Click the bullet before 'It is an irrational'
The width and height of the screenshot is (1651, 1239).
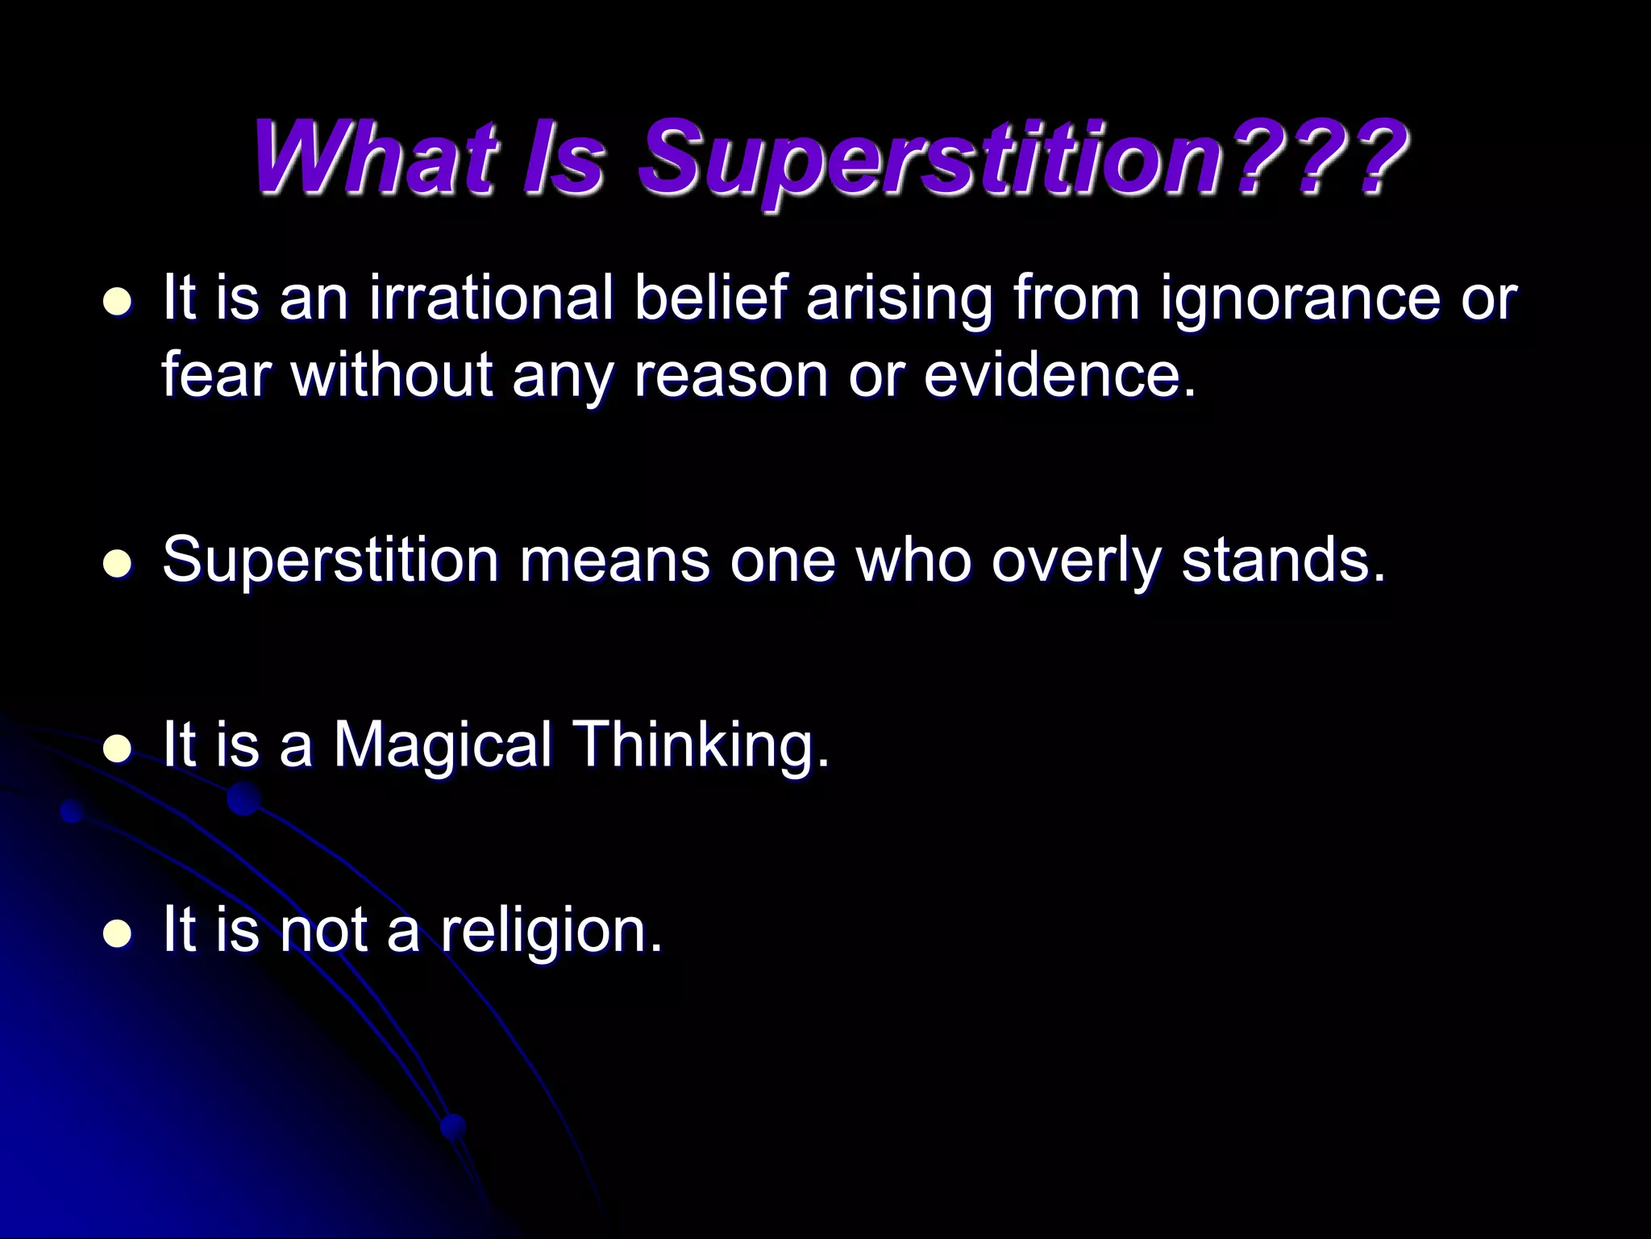click(119, 302)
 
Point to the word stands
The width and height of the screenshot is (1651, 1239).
click(1282, 559)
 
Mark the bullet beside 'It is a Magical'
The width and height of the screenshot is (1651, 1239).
click(119, 749)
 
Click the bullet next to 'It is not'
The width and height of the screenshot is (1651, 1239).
click(119, 934)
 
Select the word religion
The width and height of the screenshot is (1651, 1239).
click(551, 931)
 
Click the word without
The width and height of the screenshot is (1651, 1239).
click(392, 375)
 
